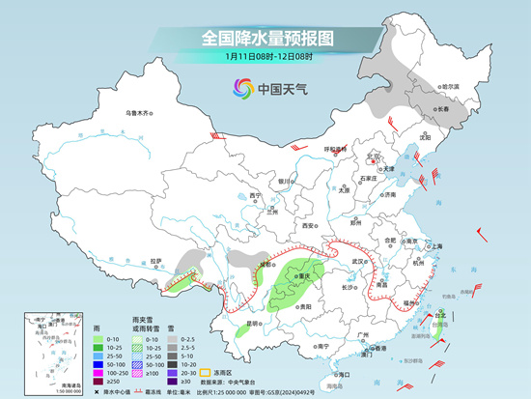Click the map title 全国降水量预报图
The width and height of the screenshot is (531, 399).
point(266,38)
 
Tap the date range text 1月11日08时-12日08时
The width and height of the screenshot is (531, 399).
point(266,58)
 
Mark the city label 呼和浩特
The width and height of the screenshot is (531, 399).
point(335,150)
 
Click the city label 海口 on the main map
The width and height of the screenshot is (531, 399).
point(340,373)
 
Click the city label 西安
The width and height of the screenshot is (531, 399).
point(308,224)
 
